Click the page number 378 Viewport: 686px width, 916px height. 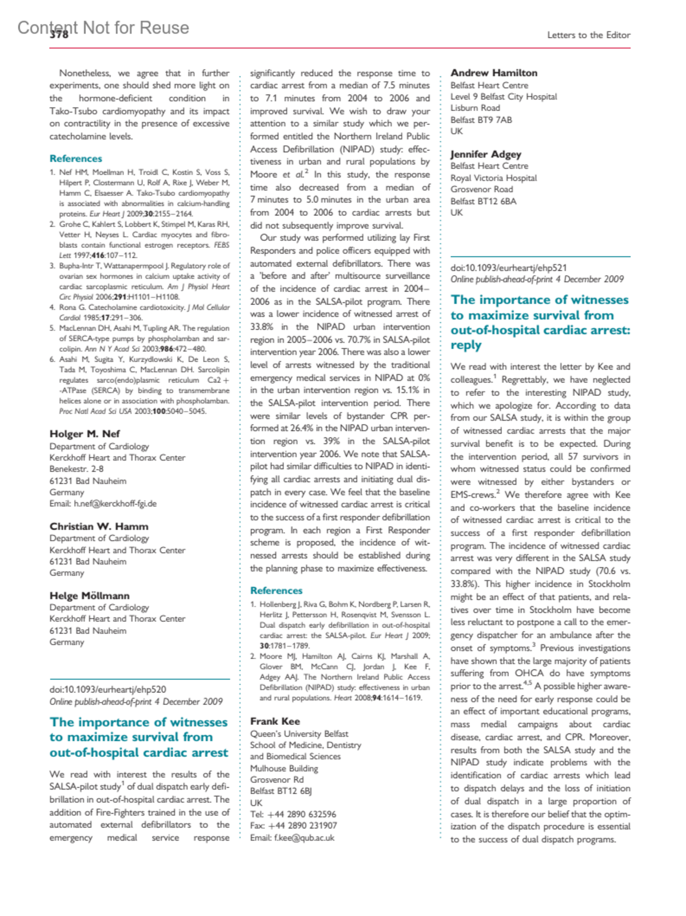click(59, 35)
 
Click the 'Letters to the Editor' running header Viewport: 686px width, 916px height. click(588, 35)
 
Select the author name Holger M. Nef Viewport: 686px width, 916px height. click(85, 434)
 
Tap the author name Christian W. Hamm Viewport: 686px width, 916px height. click(99, 526)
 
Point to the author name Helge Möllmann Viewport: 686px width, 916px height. click(89, 596)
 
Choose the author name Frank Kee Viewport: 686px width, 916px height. click(275, 721)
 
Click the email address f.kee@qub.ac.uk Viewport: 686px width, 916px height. click(304, 838)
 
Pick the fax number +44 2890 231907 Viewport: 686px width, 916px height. click(302, 826)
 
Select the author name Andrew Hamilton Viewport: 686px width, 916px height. click(494, 73)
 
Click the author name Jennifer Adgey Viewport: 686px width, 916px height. click(486, 154)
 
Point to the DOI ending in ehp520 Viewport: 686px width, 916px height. click(107, 689)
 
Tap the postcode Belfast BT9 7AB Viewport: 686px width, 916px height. click(481, 120)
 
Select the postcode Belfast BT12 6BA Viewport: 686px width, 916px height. click(483, 201)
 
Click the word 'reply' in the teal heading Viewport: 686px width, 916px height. click(466, 345)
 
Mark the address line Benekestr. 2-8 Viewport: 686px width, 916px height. click(77, 469)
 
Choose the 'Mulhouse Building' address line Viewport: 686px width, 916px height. click(284, 768)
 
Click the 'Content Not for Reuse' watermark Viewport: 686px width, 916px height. click(103, 27)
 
